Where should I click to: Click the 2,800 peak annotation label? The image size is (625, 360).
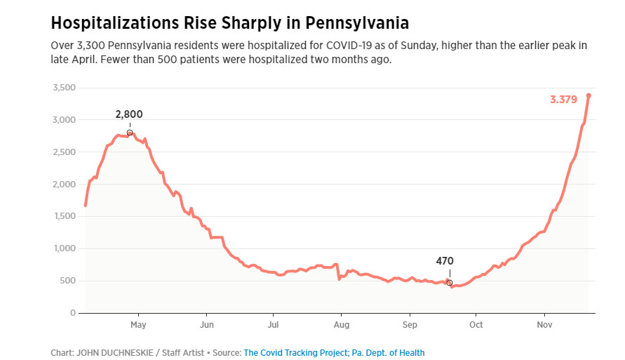tap(130, 114)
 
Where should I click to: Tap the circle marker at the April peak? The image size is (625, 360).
tap(130, 133)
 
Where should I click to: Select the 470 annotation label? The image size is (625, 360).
tap(445, 261)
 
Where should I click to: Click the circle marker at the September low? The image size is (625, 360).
tap(449, 283)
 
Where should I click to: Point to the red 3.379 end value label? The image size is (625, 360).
tap(563, 100)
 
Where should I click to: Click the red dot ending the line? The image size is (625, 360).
tap(589, 95)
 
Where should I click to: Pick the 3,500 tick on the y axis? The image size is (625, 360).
tap(64, 88)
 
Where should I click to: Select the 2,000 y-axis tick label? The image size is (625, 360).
tap(64, 185)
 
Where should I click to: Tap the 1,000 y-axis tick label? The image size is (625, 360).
tap(64, 248)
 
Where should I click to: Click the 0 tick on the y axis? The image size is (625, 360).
tap(72, 313)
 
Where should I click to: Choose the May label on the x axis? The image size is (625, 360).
tap(139, 325)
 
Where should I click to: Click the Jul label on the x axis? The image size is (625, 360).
tap(273, 325)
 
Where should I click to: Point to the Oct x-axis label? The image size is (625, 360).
tap(476, 325)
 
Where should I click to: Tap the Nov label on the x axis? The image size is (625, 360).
tap(544, 325)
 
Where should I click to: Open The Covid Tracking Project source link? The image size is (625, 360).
tap(291, 353)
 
